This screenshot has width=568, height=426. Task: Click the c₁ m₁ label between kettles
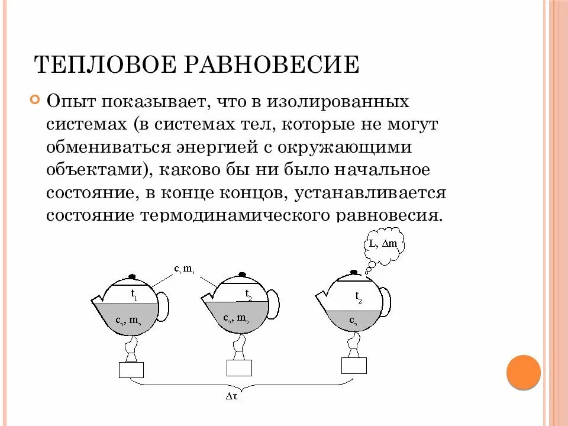tap(185, 270)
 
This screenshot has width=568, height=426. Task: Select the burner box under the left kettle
tap(131, 370)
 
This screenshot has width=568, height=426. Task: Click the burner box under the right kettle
tap(354, 365)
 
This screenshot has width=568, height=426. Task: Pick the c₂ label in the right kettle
tap(354, 320)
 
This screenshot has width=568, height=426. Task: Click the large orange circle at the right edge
tap(524, 372)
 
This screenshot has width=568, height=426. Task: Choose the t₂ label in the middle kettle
tap(248, 294)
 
